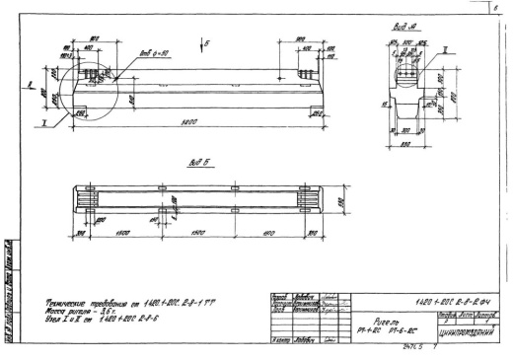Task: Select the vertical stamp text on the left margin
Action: pyautogui.click(x=8, y=286)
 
